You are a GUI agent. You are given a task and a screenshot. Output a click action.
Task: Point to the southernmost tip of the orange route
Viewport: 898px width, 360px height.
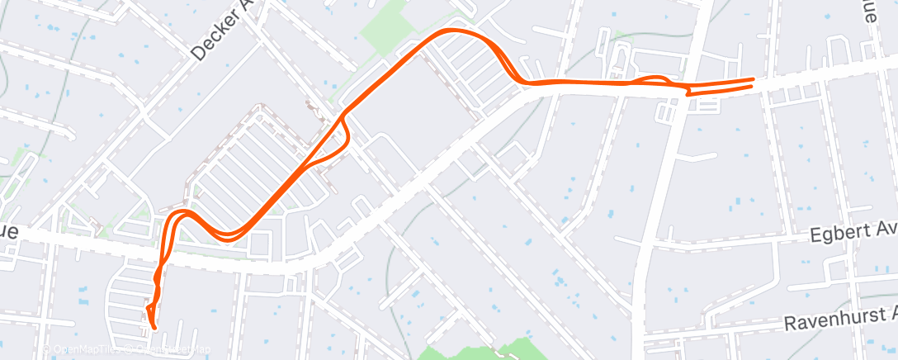(154, 328)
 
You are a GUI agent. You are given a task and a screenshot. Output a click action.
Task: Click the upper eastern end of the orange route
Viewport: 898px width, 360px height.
(752, 79)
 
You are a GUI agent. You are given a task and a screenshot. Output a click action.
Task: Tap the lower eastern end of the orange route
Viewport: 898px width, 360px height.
(752, 88)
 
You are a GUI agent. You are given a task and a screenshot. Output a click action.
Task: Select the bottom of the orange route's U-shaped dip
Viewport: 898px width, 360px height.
(226, 237)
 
